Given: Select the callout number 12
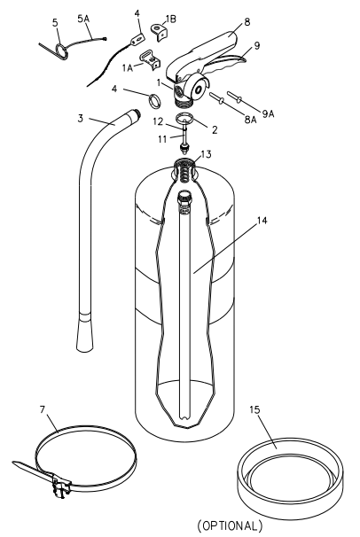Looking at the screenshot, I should pos(156,121).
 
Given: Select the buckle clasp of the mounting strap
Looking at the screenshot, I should pos(60,485).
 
